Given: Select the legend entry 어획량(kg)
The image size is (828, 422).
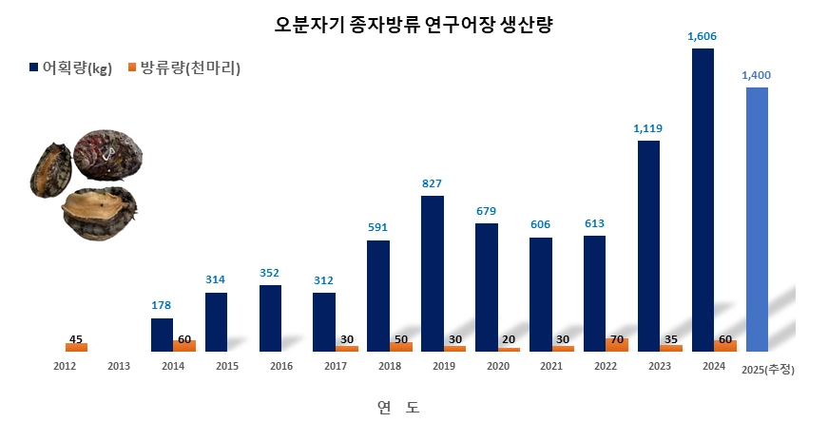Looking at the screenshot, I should pos(71,67).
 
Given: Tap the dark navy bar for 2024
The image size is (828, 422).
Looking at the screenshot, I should pos(703,200).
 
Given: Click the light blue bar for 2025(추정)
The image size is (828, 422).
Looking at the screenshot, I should pos(757,219).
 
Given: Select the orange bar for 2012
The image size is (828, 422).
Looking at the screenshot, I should pos(76,347).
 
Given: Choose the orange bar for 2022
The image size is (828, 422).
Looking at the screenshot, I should pos(617,345).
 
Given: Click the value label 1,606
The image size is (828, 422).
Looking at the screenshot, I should pos(702,36).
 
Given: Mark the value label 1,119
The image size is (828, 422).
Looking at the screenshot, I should pos(647,128).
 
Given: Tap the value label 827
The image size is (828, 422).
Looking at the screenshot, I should pos(433,183).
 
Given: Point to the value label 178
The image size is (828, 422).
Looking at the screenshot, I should pos(163,305).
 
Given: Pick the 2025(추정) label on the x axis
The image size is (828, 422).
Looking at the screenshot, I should pos(766,368).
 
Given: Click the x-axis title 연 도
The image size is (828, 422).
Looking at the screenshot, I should pos(397,407).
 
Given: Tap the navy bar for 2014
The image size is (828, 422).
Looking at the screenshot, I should pos(163,335).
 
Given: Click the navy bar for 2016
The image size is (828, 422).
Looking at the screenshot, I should pos(270,317).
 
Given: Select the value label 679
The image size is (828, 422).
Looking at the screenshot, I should pos(487,210).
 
